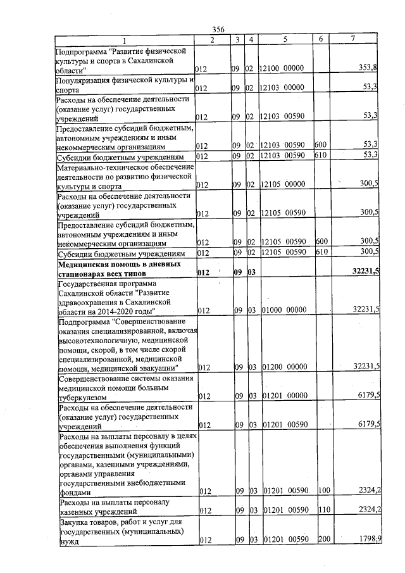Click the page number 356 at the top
click(x=218, y=29)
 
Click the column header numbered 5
click(x=286, y=39)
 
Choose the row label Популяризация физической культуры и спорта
click(x=124, y=85)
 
